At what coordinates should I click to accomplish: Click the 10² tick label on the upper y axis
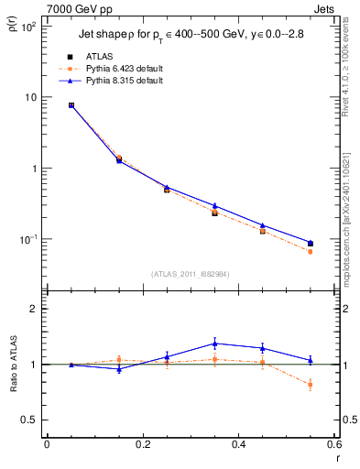(29, 27)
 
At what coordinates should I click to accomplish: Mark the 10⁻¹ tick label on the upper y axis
(29, 239)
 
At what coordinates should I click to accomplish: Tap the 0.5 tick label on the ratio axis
(30, 420)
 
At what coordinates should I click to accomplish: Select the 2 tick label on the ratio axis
(36, 309)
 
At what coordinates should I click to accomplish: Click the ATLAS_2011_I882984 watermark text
(191, 273)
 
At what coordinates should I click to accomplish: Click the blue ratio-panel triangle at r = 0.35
(214, 344)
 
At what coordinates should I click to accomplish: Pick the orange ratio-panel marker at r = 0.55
(310, 385)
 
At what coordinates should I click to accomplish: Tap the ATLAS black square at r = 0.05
(71, 105)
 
